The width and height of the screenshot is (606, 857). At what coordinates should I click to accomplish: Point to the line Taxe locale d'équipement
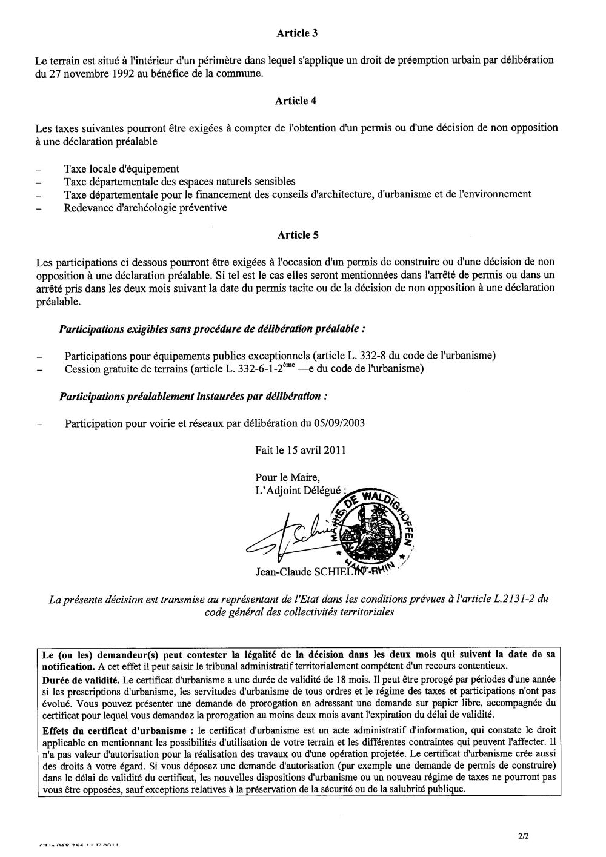[x=122, y=168]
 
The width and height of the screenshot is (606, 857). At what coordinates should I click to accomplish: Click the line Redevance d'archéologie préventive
[x=146, y=208]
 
